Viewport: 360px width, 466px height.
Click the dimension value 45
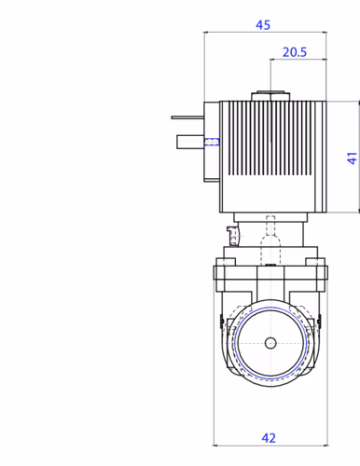tap(263, 25)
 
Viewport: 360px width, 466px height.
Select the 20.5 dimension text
tap(295, 52)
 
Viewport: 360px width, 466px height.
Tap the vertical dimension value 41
tap(352, 158)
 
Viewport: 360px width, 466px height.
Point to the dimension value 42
tap(269, 438)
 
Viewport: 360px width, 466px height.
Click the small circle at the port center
tap(270, 343)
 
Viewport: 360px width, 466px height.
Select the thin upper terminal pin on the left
tap(187, 117)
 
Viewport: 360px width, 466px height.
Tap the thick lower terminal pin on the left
tap(190, 142)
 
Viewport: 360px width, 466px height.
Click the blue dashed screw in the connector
tap(212, 142)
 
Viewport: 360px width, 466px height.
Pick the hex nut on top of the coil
tap(270, 96)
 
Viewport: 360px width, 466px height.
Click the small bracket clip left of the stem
tap(232, 236)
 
